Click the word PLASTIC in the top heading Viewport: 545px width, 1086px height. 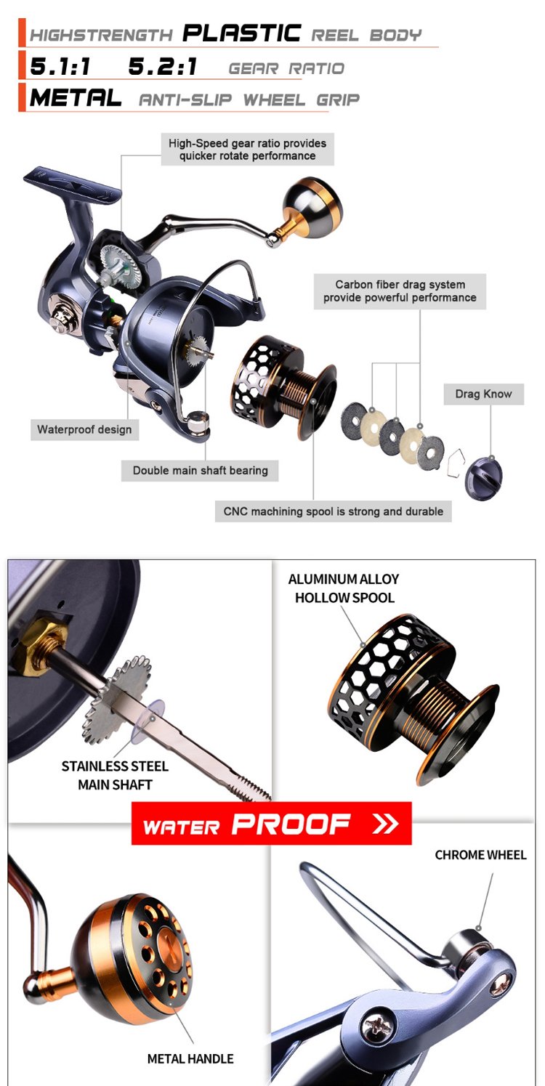coord(241,33)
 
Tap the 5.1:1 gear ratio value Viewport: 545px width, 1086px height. coord(60,66)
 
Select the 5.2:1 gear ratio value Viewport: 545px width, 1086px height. coord(163,66)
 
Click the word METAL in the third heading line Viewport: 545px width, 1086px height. coord(75,98)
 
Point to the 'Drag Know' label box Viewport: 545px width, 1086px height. coord(483,394)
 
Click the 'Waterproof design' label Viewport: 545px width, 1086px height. coord(84,429)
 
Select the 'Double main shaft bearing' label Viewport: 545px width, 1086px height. coord(200,470)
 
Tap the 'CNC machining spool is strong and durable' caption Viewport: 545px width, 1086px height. coord(333,511)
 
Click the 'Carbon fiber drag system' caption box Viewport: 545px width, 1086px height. coord(400,291)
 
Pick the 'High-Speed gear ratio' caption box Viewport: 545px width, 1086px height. coord(247,150)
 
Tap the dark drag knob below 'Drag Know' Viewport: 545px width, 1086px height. coord(483,477)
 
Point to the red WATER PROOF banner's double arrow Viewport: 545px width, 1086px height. coord(385,823)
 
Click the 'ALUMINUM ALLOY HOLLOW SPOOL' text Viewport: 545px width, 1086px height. coord(344,588)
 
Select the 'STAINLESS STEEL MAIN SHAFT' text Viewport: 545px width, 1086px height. coord(115,775)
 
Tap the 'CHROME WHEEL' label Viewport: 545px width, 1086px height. coord(480,855)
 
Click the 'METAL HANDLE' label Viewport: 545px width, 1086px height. coord(190,1059)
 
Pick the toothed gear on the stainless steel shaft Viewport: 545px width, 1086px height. coord(117,699)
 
